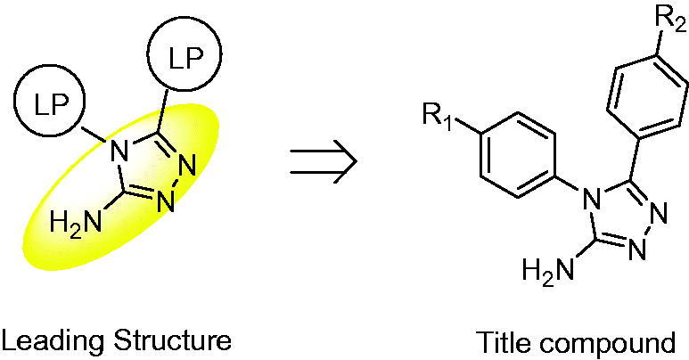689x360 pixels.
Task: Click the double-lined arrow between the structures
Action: [324, 161]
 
